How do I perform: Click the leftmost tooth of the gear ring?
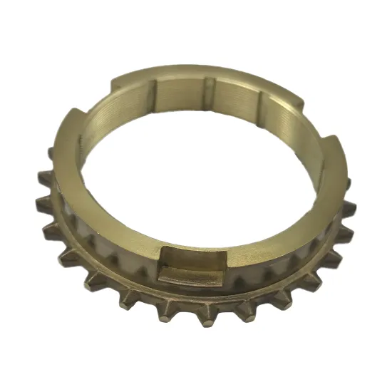pyautogui.click(x=41, y=205)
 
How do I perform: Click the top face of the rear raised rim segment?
pyautogui.click(x=207, y=69)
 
